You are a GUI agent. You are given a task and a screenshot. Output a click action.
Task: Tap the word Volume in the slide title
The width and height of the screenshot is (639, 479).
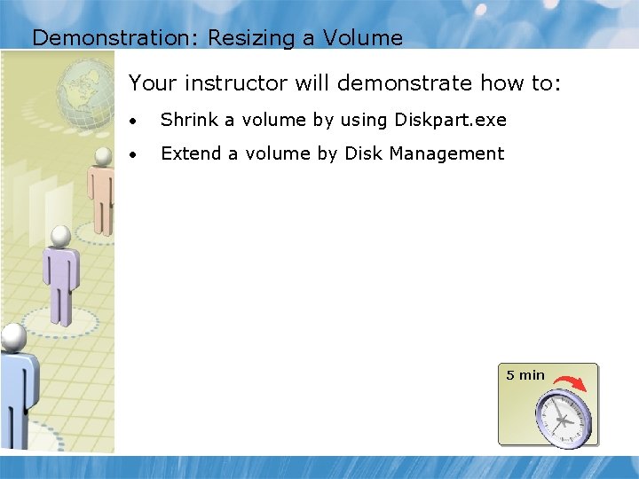[x=363, y=38]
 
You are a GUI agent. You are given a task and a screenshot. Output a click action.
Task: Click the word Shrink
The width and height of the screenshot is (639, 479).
[x=187, y=120]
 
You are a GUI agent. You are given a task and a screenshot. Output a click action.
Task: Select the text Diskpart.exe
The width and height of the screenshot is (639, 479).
[x=459, y=120]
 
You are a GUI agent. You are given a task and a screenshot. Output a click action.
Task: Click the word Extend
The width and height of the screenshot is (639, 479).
[x=190, y=153]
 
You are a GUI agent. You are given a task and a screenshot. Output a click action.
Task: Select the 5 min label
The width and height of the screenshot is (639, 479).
[x=525, y=375]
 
